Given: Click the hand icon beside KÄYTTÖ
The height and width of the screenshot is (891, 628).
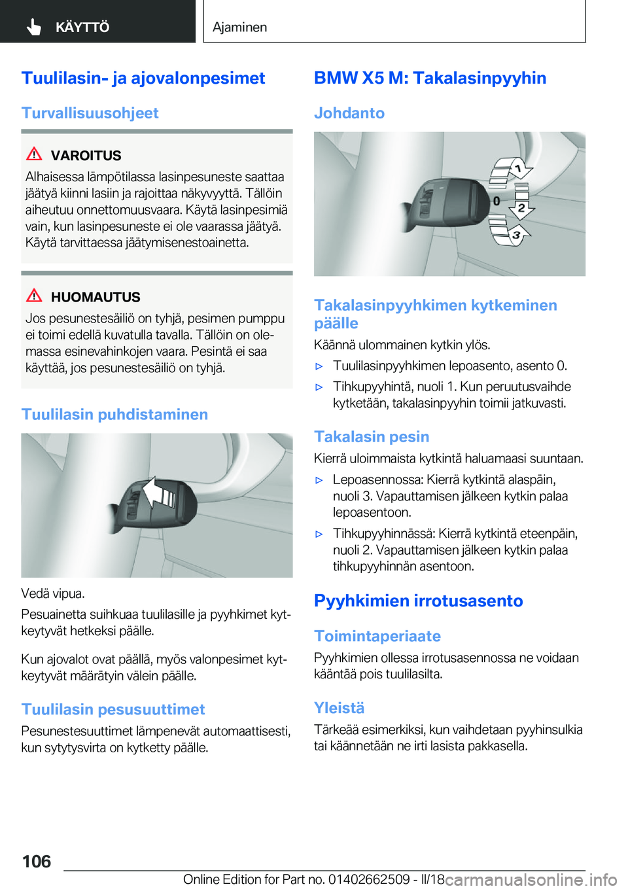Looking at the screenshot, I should coord(34,27).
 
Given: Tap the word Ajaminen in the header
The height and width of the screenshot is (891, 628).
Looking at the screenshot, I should coord(239,27).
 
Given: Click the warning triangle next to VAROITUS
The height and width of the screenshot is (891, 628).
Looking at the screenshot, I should coord(34,154).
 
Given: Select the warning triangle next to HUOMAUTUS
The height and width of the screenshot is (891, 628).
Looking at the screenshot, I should coord(34,296).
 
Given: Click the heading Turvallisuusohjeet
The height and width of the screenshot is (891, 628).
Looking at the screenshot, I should coord(90,113).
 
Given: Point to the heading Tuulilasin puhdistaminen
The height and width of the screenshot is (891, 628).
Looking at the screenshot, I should coord(114,415).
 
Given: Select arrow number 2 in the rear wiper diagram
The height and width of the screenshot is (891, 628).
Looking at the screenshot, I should coord(521,209).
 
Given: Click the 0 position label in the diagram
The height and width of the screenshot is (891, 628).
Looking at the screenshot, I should coord(497,201).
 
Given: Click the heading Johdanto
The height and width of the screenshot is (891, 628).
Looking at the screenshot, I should coord(349,113).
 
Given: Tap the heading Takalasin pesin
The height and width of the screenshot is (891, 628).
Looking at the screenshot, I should coord(372,437).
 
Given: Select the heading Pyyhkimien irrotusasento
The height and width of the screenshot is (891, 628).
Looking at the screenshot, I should coord(418,601).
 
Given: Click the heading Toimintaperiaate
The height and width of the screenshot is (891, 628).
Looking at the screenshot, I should coord(377,637).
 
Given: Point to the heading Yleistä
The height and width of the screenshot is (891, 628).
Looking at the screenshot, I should coord(339,708).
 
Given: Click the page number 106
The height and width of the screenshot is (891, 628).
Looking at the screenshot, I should coord(37,862).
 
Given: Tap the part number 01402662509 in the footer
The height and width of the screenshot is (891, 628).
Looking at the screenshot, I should coord(369,880).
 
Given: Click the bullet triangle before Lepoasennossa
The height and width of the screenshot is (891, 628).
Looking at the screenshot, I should coord(319,480).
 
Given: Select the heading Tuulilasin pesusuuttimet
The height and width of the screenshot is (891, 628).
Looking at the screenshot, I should coord(113,710).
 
